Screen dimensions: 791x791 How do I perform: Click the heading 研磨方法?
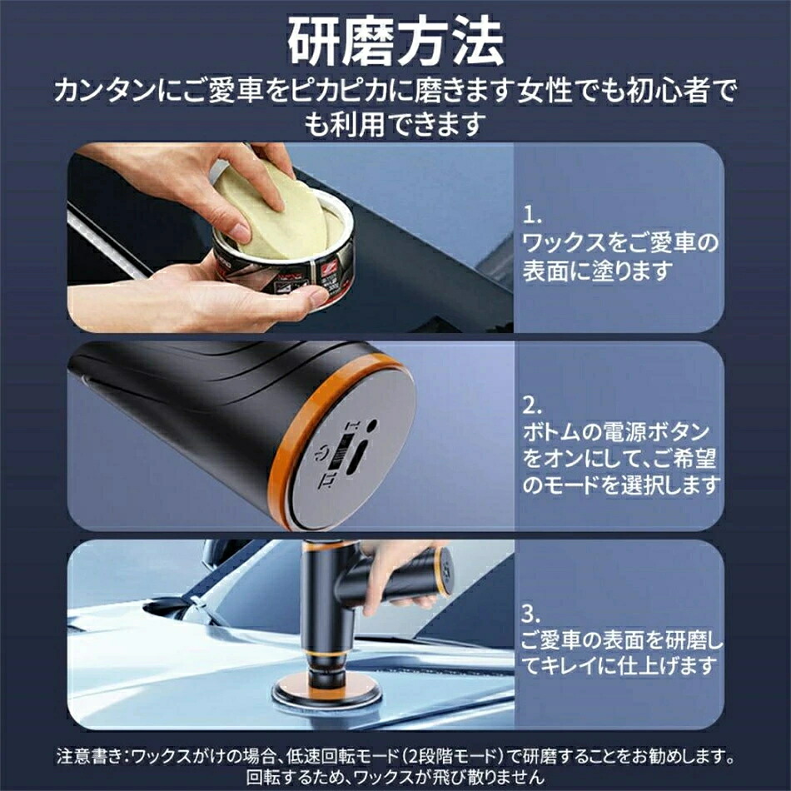coord(395,42)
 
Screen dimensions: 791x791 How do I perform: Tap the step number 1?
coord(531,216)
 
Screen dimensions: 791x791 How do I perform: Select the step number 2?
coord(532,405)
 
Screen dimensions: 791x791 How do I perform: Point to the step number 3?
coord(531,614)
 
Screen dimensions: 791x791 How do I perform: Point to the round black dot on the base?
coord(372,424)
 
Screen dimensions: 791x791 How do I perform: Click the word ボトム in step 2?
coord(550,432)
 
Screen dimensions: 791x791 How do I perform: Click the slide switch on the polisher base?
coord(345,452)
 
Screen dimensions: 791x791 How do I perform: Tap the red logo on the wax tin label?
coord(331,266)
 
